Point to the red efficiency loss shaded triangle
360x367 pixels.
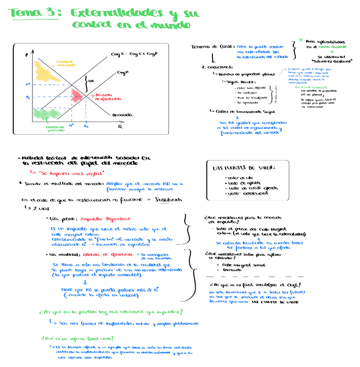78,94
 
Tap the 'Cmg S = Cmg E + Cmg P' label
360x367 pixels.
135,55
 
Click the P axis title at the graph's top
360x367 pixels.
27,55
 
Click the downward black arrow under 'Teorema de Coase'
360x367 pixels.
213,58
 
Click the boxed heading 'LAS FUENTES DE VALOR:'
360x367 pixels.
244,168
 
